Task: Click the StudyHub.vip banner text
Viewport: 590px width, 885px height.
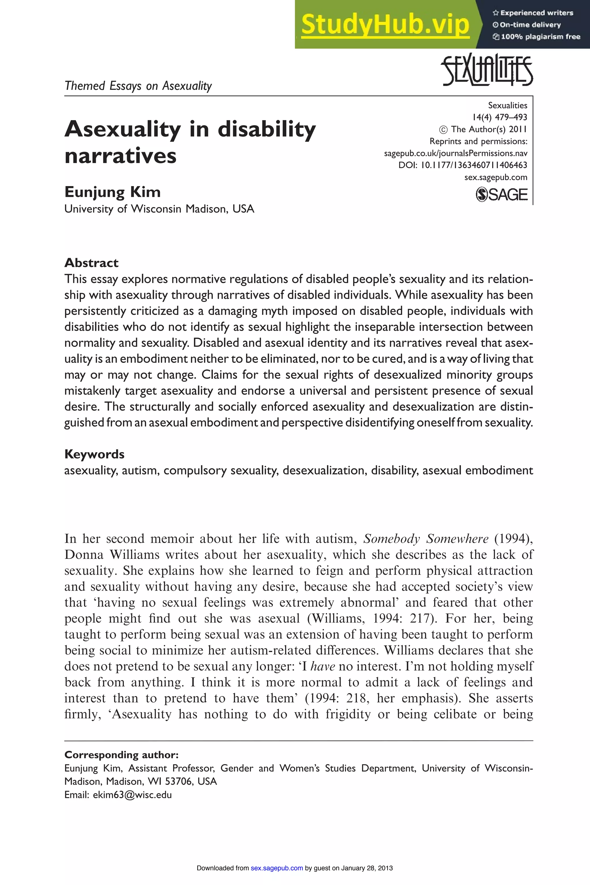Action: coord(385,24)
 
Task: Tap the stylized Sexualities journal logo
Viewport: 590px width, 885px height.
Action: coord(487,71)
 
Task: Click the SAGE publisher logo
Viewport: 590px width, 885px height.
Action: coord(502,194)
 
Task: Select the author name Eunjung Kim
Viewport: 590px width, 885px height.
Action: coord(113,192)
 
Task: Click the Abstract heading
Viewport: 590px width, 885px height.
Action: coord(91,263)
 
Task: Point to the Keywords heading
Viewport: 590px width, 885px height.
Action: coord(94,454)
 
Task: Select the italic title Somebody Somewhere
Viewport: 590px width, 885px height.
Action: coord(426,539)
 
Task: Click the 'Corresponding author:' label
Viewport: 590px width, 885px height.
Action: coord(121,755)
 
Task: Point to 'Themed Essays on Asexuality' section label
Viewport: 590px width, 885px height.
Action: coord(138,86)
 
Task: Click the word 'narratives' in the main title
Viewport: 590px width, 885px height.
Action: coord(120,156)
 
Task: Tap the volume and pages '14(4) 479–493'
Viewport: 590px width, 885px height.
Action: coord(500,117)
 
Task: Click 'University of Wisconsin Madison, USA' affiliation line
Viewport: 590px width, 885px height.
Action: coord(159,209)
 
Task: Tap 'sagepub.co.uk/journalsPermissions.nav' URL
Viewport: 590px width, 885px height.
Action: coord(455,153)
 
